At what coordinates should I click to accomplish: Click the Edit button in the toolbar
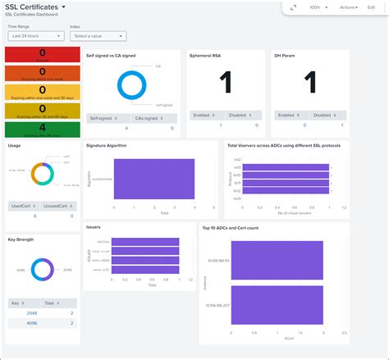(x=371, y=7)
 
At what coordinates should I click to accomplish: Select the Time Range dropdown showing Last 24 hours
(x=36, y=36)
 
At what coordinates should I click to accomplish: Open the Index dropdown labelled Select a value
(x=98, y=36)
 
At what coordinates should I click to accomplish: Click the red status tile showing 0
(x=42, y=55)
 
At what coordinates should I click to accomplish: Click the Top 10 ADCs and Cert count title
(x=238, y=227)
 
